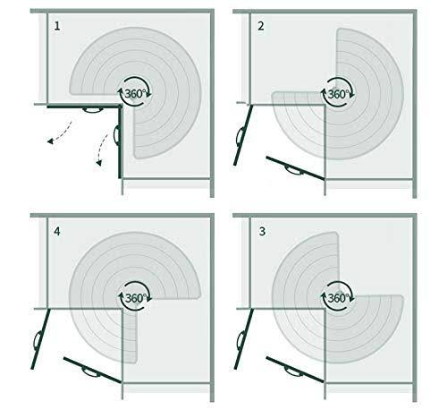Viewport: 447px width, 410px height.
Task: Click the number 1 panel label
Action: point(57,26)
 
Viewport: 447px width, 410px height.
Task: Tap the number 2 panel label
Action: point(261,26)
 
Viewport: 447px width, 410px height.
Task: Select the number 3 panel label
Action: point(262,231)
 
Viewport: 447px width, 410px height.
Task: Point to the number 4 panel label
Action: point(57,231)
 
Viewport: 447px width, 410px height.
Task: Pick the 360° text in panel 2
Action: point(338,94)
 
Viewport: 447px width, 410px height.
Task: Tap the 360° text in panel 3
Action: point(338,298)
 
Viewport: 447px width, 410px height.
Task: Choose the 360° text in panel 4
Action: point(136,298)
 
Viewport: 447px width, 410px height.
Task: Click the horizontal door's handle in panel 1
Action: point(92,110)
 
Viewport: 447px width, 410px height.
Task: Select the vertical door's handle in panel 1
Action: point(116,136)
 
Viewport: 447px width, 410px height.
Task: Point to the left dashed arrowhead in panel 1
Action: point(50,141)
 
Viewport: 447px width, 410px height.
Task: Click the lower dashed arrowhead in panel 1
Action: point(98,163)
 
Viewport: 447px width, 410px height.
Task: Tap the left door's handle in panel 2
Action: point(240,136)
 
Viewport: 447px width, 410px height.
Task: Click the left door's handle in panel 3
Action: point(240,340)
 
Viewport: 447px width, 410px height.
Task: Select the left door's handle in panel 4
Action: point(37,340)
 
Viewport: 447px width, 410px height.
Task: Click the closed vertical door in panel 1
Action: point(121,142)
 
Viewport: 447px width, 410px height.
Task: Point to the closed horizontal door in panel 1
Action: point(84,107)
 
